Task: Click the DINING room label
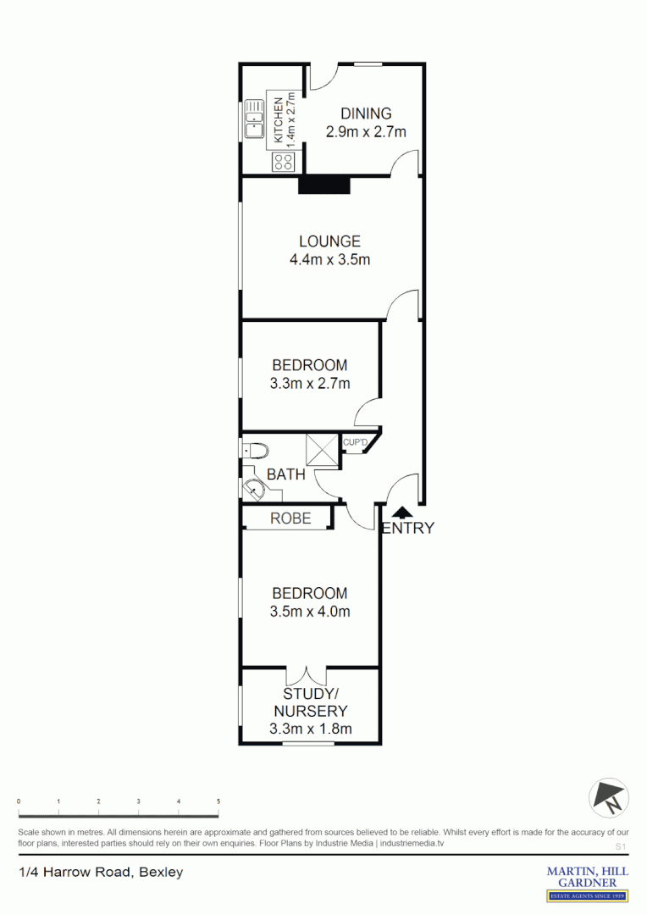point(366,114)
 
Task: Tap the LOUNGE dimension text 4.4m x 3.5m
point(329,260)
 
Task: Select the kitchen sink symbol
point(254,119)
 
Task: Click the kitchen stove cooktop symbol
point(281,162)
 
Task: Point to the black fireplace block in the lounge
point(324,185)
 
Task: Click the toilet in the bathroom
point(254,450)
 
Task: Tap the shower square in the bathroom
point(322,450)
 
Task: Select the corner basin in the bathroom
point(252,489)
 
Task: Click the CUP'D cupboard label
point(355,442)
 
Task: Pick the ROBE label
point(290,518)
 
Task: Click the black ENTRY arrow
point(402,511)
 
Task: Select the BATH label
point(285,474)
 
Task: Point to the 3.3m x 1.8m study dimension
point(310,729)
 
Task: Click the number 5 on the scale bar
point(218,801)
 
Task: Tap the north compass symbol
point(607,796)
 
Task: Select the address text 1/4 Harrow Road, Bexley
point(101,872)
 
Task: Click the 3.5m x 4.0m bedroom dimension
point(309,612)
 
